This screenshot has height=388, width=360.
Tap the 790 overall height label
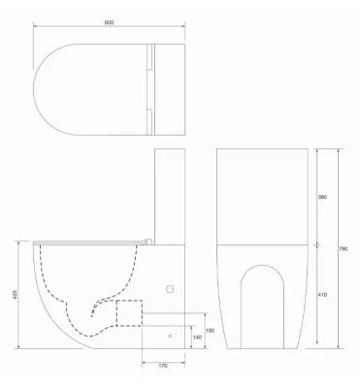(x=343, y=249)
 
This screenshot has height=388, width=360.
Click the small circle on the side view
(x=171, y=288)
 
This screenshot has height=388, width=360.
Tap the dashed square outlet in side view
(x=129, y=312)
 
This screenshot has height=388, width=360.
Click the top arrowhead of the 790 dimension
(x=337, y=151)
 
